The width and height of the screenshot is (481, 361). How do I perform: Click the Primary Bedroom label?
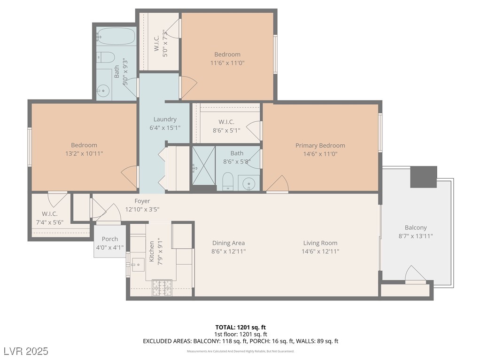click(320, 145)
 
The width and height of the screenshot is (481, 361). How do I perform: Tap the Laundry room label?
click(165, 119)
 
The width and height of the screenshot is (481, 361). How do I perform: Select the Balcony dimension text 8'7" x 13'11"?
click(416, 236)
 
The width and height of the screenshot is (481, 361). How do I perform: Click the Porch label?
click(110, 239)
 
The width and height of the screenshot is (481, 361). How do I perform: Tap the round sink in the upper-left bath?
click(103, 90)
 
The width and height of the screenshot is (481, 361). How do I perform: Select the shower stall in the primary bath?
click(204, 168)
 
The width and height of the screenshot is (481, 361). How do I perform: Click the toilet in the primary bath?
click(228, 181)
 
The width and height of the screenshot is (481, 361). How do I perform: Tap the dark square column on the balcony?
click(423, 177)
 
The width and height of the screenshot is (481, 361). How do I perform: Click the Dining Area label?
click(228, 243)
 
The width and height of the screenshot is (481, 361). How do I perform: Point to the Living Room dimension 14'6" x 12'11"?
click(320, 251)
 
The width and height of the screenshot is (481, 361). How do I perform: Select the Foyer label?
click(142, 201)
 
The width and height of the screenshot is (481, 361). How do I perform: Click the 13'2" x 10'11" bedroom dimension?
click(84, 154)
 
